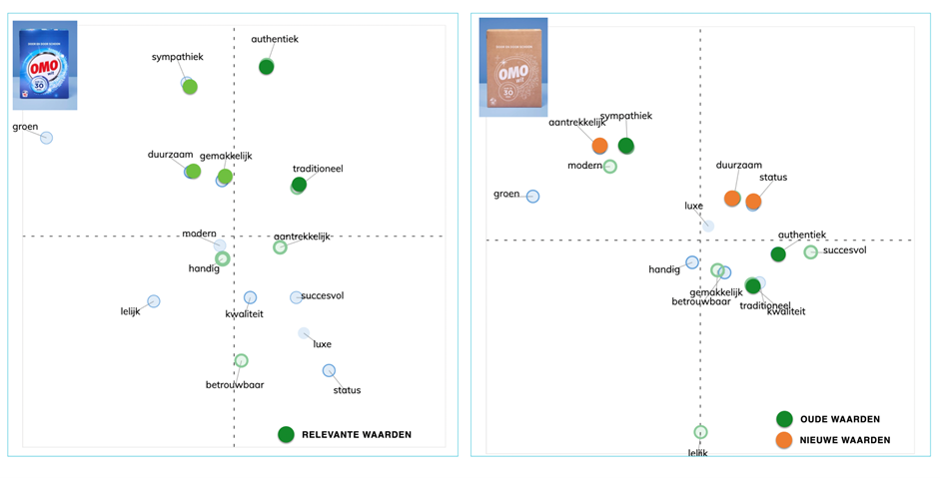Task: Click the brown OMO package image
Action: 512,66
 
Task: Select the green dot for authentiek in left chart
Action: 267,67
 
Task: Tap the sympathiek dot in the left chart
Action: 189,86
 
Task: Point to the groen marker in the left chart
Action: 46,138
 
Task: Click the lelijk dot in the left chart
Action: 154,301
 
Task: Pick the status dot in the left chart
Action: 329,371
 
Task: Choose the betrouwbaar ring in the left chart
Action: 241,361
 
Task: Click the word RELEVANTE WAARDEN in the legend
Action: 357,435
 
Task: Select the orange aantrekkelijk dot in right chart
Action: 599,146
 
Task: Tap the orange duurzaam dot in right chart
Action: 732,199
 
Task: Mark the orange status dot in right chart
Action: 753,202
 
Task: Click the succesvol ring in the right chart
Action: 811,252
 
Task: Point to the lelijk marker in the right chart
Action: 700,432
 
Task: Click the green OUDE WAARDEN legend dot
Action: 784,419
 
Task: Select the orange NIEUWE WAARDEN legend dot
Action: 784,440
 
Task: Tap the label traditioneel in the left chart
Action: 318,169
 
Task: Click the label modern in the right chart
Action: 584,166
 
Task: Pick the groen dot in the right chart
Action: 533,197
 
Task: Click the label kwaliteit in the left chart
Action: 244,314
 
